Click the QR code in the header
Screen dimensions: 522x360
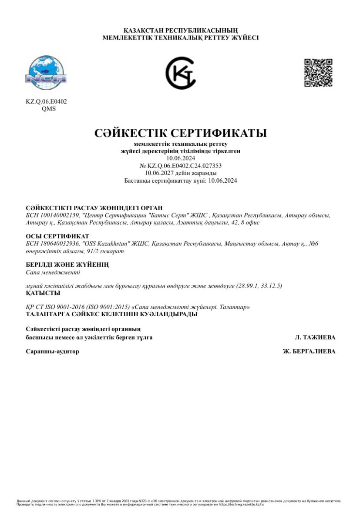318,73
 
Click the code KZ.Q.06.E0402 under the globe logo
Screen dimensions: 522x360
46,101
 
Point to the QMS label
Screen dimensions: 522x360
48,109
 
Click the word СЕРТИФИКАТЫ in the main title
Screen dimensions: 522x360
219,133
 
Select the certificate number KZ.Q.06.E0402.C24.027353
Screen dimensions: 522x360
184,166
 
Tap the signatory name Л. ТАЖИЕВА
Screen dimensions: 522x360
315,338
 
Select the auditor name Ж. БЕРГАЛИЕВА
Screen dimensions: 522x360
309,351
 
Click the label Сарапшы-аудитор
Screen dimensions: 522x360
53,351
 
